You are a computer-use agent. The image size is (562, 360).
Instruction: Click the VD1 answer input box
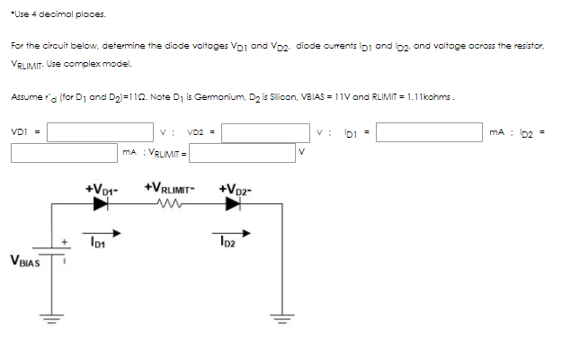click(100, 132)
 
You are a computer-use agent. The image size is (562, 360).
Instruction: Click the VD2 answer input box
click(267, 132)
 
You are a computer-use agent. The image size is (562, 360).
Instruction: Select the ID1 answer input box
click(428, 132)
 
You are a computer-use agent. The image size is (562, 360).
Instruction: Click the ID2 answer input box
click(63, 153)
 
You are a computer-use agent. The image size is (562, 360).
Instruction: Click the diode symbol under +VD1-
click(99, 204)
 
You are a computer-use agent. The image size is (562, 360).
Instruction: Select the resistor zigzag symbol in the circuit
click(166, 204)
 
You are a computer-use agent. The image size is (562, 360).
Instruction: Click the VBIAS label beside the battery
click(24, 262)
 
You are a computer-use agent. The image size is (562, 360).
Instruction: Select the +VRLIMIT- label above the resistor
click(166, 190)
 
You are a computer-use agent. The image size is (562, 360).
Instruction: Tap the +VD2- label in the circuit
click(236, 190)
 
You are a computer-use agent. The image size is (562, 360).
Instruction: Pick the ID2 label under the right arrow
click(227, 242)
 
